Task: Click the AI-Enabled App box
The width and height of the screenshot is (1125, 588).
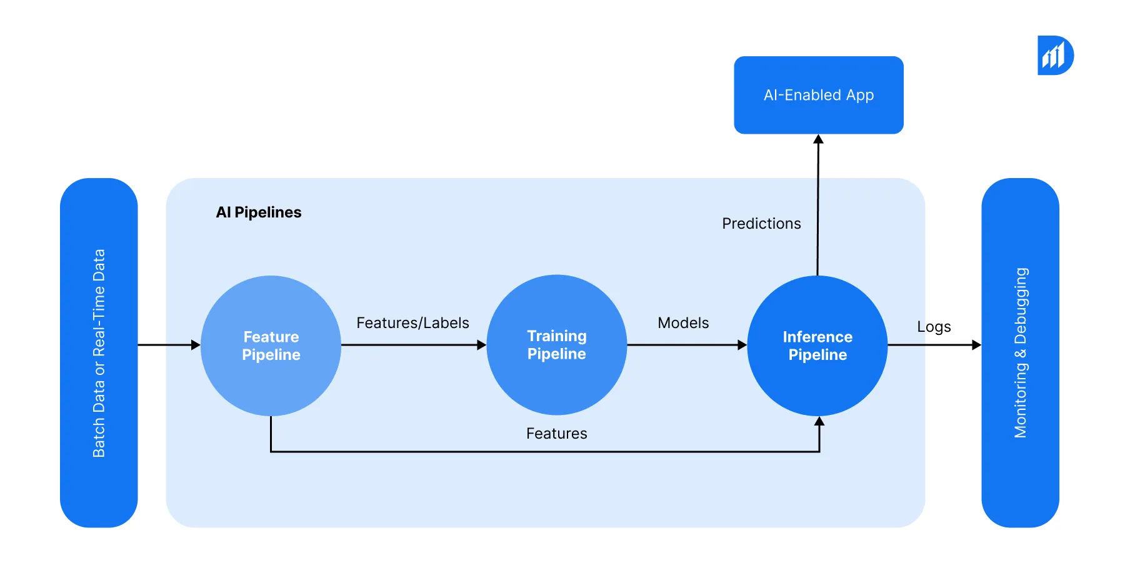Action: [818, 95]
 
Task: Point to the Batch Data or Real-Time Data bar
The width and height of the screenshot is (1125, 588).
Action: [99, 353]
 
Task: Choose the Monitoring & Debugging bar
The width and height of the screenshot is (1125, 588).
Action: [1020, 353]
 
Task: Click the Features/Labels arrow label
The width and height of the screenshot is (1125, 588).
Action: [412, 323]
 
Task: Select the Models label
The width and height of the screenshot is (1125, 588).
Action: [683, 323]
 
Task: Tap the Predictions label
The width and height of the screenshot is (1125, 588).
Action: [761, 224]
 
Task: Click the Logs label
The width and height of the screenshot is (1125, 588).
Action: [934, 327]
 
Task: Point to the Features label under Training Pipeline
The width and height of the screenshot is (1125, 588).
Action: [556, 434]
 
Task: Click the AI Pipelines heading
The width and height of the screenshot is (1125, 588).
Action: [259, 212]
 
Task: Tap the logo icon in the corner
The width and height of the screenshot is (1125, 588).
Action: [1055, 56]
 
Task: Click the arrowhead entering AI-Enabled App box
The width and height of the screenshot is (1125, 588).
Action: [818, 139]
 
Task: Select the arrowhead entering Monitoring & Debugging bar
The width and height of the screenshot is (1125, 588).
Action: [976, 345]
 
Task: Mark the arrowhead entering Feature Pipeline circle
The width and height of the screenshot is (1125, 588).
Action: [196, 345]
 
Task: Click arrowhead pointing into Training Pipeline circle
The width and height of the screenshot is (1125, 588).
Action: [481, 345]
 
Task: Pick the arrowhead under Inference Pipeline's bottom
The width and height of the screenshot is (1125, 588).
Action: [819, 422]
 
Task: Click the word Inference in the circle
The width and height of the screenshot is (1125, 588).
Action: [817, 337]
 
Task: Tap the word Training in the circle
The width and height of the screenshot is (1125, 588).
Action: [556, 336]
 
